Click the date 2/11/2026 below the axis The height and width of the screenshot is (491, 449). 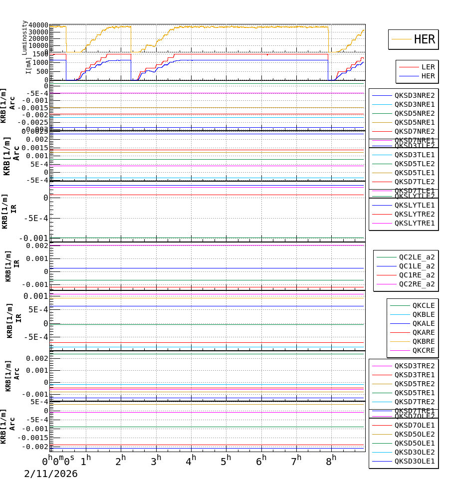[51, 474]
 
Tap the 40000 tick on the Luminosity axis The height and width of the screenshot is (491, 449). [38, 25]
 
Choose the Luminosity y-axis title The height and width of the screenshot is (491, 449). [24, 37]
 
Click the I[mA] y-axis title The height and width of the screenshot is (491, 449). [28, 65]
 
